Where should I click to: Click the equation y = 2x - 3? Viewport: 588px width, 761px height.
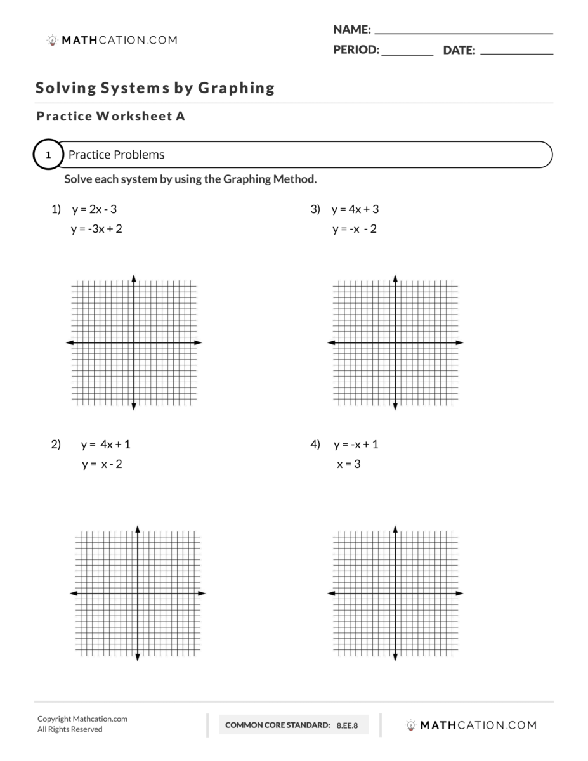[94, 210]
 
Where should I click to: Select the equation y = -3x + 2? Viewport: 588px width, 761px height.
[96, 229]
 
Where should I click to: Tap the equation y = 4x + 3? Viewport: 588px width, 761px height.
[355, 210]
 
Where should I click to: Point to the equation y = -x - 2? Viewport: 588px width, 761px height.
[354, 229]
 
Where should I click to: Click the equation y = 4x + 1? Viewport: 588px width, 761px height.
[105, 445]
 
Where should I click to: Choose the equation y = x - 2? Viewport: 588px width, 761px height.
[102, 464]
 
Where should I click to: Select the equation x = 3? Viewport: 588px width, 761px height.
[348, 464]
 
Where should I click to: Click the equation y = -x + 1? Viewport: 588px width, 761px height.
[356, 445]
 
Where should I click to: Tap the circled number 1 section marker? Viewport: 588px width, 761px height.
[48, 155]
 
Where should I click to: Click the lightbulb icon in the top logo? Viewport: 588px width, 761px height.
[52, 41]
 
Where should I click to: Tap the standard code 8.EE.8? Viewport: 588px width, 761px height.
[347, 725]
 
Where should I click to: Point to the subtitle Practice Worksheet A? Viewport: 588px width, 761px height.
[110, 117]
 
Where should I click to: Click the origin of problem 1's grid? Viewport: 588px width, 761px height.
[134, 342]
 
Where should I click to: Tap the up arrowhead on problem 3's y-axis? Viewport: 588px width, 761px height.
[395, 278]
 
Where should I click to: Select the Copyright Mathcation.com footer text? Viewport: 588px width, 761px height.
[82, 719]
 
